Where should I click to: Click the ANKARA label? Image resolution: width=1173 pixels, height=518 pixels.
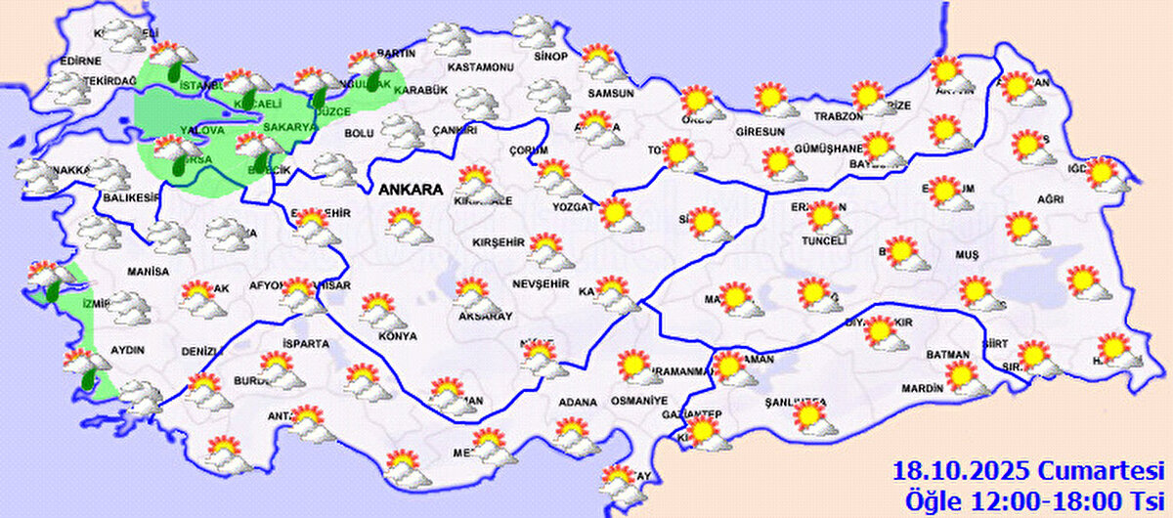coord(411,191)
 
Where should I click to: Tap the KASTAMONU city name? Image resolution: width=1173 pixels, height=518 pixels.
coord(480,67)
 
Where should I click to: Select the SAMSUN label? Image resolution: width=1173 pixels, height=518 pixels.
coord(611,94)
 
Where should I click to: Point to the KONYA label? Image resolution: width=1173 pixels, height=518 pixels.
coord(398,336)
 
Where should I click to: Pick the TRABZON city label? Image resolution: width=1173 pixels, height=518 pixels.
coord(839,116)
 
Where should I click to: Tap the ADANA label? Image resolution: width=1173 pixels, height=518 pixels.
coord(577,402)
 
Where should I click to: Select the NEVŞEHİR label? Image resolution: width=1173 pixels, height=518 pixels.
coord(541,283)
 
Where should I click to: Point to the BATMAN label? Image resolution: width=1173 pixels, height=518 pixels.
coord(947,355)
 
